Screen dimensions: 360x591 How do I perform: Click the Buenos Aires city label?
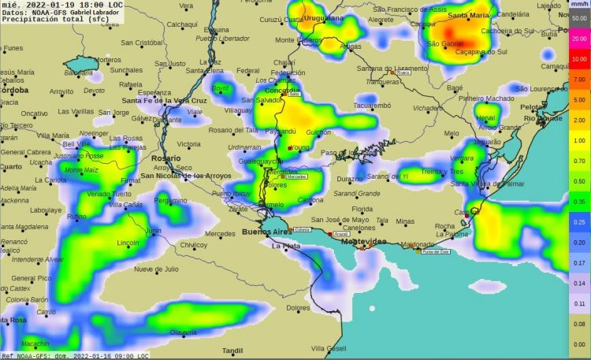[266, 232]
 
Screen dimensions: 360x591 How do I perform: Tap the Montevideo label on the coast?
[363, 241]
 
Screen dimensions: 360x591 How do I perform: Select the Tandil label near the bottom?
[232, 350]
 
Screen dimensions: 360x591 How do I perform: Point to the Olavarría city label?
[184, 332]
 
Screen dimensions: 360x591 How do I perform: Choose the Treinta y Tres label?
[442, 172]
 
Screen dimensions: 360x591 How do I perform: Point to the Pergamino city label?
[174, 200]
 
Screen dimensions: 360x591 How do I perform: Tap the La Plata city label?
[286, 247]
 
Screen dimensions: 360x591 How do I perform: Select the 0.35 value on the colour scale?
[579, 202]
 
